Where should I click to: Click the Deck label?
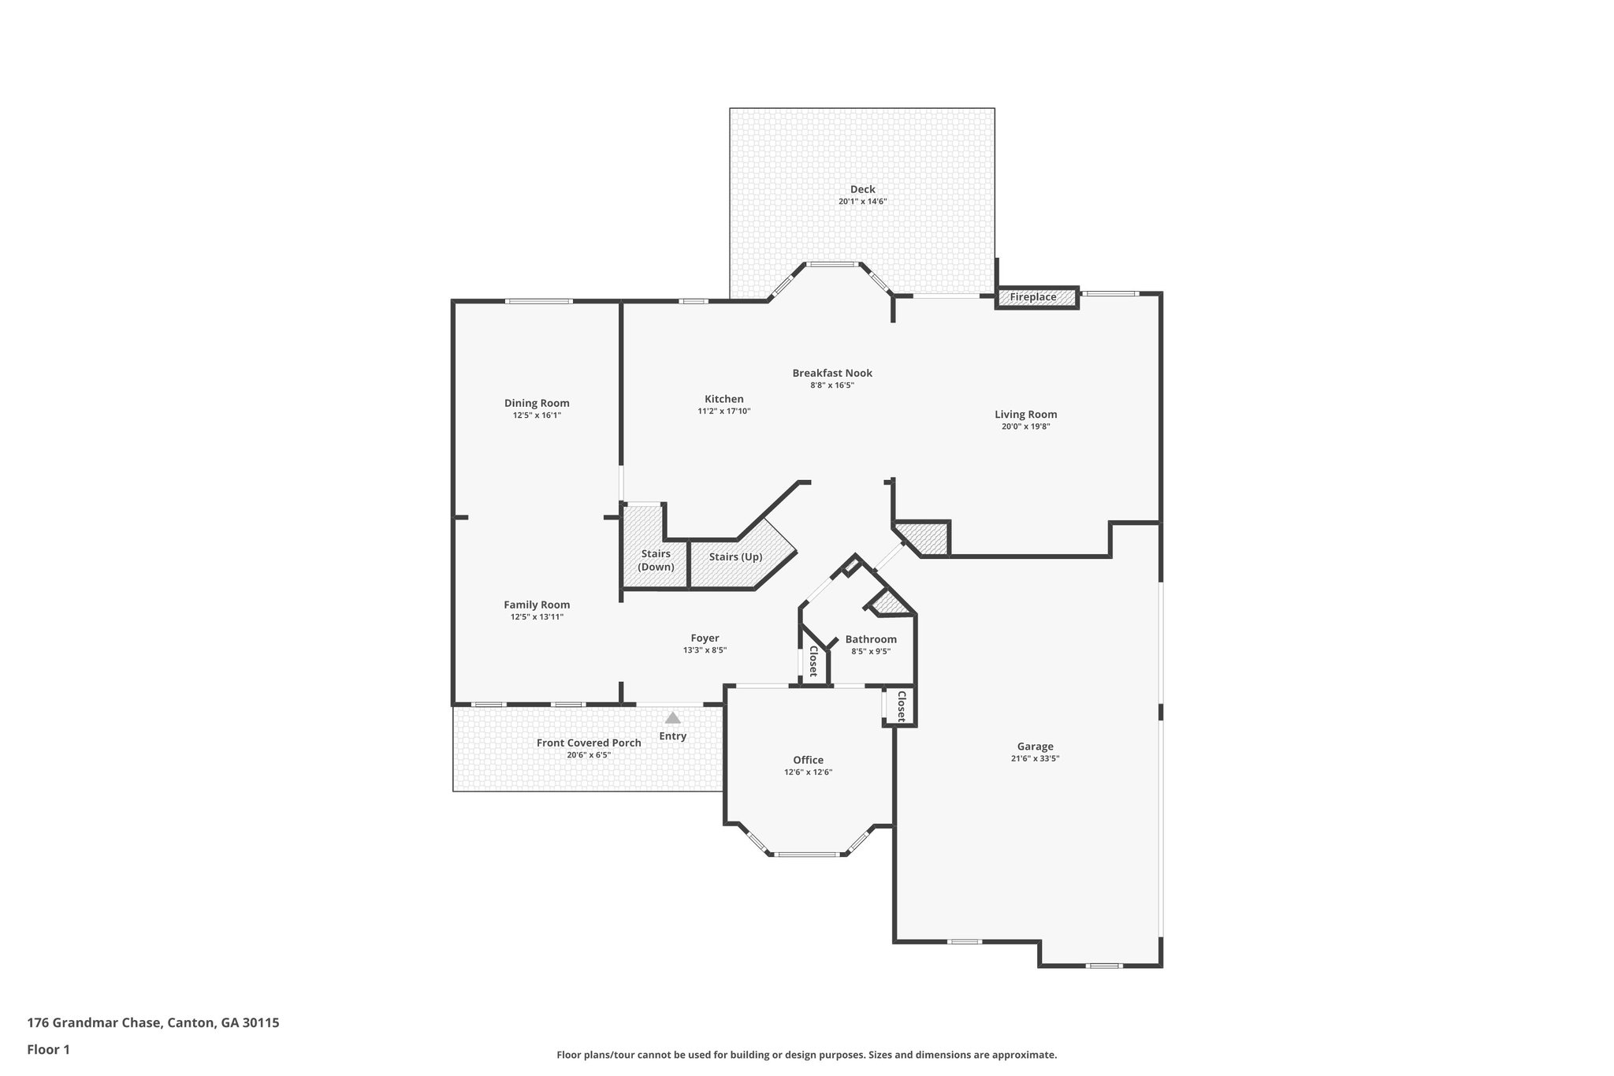862,189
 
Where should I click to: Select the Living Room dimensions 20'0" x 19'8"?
1025,426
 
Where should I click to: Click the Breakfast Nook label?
832,373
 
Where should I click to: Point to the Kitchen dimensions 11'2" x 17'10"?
723,411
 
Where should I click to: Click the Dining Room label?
537,403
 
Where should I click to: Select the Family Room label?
537,605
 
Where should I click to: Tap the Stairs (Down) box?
656,560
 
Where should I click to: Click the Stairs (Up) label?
735,557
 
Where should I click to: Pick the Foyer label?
705,638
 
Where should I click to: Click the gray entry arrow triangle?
672,718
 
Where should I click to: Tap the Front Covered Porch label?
589,743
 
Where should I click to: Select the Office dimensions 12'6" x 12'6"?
808,773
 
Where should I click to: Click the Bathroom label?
871,639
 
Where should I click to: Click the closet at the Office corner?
901,706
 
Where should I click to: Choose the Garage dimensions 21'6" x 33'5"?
1035,758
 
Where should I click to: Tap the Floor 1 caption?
49,1049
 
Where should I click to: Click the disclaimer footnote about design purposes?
806,1055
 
